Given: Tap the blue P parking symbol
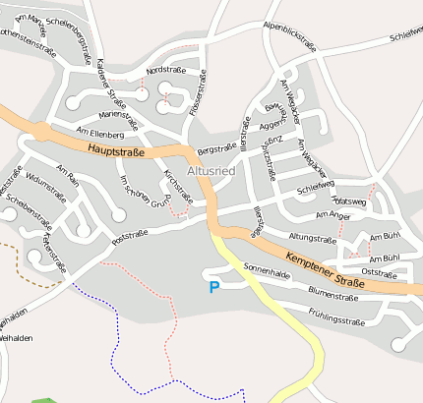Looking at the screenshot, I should coord(214,287).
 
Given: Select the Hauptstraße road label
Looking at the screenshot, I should coord(116,149).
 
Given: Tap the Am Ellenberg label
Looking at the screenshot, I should coord(99,133).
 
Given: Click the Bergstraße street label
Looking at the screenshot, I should coord(216,149).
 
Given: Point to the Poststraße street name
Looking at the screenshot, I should coord(130,234).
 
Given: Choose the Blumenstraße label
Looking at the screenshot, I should coord(331,292).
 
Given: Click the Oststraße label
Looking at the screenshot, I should coord(379,272).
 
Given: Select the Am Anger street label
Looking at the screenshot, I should coord(332,215).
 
